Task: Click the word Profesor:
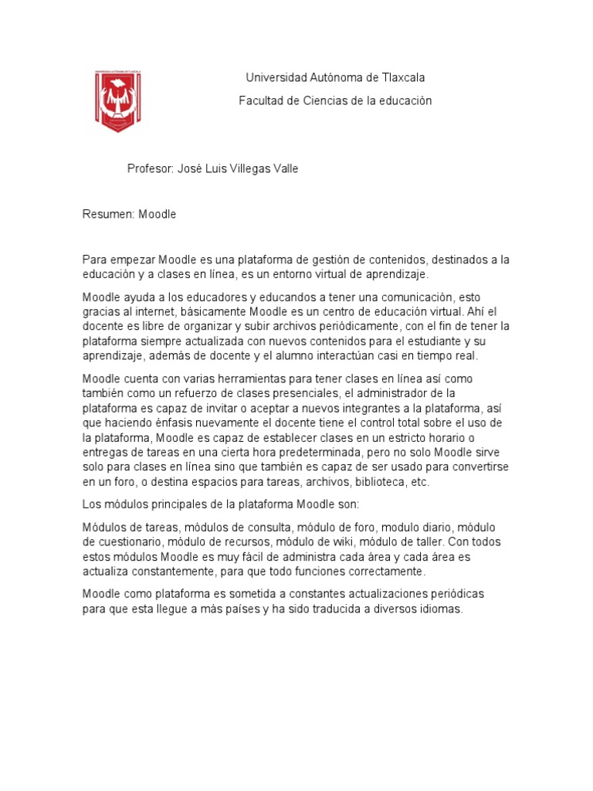tap(150, 169)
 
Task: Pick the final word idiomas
tap(438, 609)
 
